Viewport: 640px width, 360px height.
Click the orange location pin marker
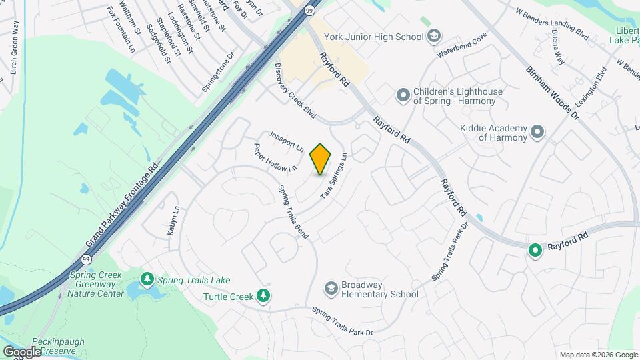tap(321, 159)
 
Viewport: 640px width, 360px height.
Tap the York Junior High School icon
tap(434, 36)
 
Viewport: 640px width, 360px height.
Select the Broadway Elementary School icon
tap(331, 288)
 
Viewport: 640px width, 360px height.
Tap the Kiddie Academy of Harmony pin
tap(537, 132)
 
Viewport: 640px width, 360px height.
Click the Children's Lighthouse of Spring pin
tap(403, 96)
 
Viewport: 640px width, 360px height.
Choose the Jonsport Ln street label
tap(286, 141)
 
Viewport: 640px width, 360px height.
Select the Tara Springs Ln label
tap(334, 175)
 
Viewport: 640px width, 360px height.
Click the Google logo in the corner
tap(22, 352)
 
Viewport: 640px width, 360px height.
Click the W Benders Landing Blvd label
tap(553, 22)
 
